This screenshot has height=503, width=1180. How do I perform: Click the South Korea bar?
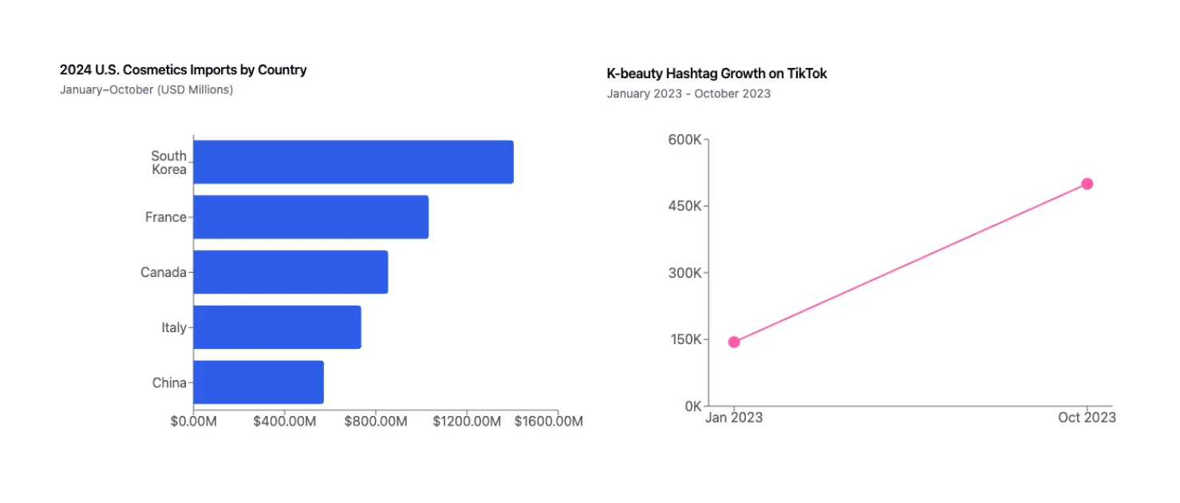[353, 162]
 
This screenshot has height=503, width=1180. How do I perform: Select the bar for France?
[310, 217]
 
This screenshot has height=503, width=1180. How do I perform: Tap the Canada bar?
[290, 272]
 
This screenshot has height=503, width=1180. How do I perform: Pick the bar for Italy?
[277, 327]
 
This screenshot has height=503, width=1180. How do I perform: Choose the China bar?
[258, 382]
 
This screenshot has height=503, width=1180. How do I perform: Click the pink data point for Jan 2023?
[734, 343]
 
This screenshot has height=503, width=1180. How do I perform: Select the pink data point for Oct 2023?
[1087, 184]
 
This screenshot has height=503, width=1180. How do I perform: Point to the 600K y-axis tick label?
[685, 140]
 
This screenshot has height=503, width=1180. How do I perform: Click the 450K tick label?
[685, 206]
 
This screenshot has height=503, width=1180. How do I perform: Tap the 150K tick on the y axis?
[685, 339]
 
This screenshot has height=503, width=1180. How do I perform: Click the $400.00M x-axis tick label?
[284, 422]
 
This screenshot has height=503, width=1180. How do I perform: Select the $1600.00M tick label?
[548, 422]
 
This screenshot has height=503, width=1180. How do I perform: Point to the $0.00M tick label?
[193, 422]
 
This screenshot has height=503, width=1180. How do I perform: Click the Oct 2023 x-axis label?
[1087, 418]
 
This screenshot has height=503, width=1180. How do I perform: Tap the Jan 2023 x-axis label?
[734, 418]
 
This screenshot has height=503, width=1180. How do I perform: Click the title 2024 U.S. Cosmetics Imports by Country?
[183, 70]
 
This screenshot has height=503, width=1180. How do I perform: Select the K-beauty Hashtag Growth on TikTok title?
[716, 73]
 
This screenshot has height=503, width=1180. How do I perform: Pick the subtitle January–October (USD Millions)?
[146, 90]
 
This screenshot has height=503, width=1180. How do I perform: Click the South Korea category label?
[169, 163]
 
